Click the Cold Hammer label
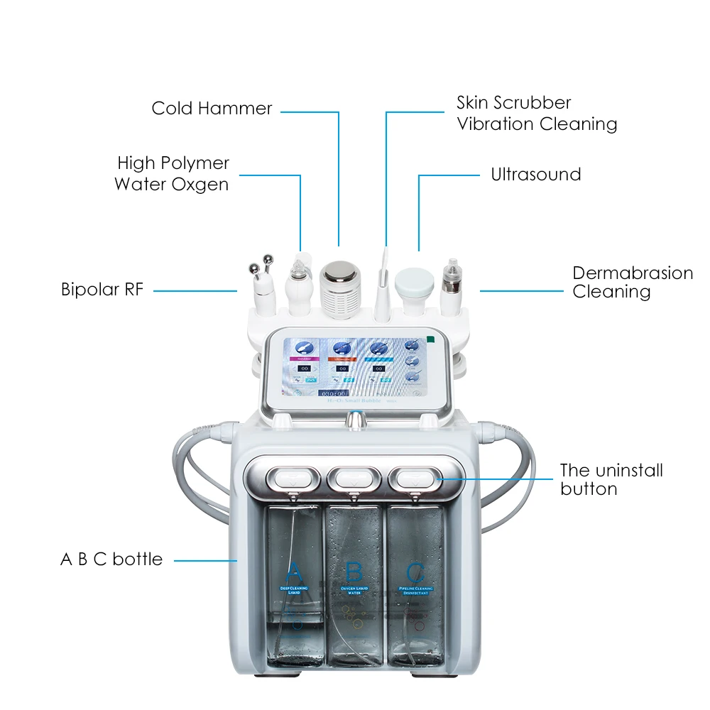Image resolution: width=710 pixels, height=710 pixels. pos(212,109)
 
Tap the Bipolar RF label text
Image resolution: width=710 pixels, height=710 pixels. pos(102,290)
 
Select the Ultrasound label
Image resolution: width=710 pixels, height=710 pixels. pos(535,175)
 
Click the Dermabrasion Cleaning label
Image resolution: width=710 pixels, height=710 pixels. pos(632,283)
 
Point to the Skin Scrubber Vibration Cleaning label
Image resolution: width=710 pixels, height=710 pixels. pos(536,114)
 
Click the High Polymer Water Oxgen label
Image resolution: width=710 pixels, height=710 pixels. pos(172,174)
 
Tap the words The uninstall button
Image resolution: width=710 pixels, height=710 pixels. pos(611,479)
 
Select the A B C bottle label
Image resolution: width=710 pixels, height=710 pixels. pos(111,559)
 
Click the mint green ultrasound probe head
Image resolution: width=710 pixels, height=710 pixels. pos(414,280)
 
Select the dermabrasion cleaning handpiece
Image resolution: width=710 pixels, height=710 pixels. pos(450,284)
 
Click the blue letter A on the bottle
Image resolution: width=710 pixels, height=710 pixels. pos(294,572)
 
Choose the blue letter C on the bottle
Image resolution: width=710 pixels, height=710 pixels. pos(415,572)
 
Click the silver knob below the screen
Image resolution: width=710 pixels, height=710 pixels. pos(354,420)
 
